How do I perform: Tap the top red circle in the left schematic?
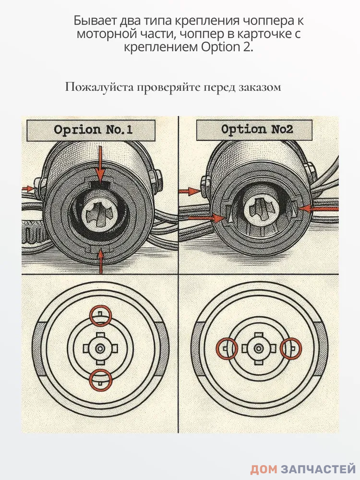pyautogui.click(x=100, y=315)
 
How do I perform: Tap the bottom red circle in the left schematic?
pyautogui.click(x=100, y=380)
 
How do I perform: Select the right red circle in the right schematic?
pyautogui.click(x=291, y=348)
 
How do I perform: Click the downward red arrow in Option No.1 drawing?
pyautogui.click(x=100, y=166)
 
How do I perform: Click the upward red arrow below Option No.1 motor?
pyautogui.click(x=100, y=262)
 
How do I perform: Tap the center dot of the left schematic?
pyautogui.click(x=100, y=348)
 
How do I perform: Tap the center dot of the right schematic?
pyautogui.click(x=259, y=348)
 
